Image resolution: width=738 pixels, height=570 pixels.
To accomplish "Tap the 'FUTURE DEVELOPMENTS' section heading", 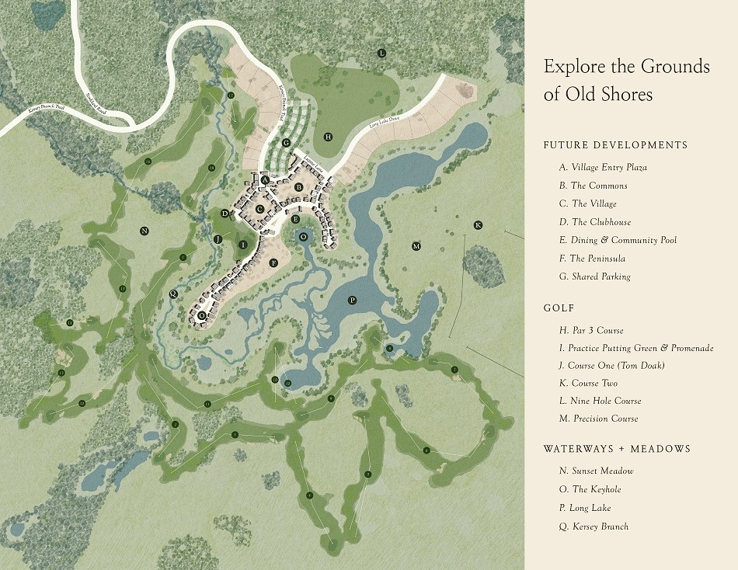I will tap(615, 145).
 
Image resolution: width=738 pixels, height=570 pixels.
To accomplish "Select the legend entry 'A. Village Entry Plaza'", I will tap(603, 167).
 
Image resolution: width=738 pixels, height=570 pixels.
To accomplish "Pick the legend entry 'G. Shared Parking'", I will tap(594, 276).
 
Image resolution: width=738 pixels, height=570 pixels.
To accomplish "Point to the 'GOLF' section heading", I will tap(559, 308).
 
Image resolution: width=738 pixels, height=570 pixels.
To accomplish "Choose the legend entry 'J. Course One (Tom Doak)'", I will tap(617, 365).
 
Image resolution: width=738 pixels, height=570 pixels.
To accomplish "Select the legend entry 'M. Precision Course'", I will tap(598, 419).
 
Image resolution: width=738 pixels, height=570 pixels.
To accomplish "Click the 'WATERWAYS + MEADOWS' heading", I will tap(617, 449).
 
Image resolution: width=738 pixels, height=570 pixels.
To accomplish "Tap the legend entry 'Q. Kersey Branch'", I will tap(593, 527).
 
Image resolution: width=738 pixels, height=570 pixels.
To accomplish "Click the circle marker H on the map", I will tap(329, 137).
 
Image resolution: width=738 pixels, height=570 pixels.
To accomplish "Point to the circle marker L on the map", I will tap(381, 53).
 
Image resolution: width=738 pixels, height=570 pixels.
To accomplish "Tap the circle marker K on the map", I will tap(478, 225).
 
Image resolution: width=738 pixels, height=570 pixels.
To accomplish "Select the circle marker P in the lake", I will tap(352, 300).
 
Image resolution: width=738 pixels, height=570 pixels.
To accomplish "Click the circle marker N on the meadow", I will tap(144, 231).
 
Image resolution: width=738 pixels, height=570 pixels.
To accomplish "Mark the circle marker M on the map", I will tap(416, 246).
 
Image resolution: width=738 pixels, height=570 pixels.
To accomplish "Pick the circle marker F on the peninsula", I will tap(273, 263).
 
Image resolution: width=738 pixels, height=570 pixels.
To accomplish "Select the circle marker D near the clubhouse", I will tap(225, 214).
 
